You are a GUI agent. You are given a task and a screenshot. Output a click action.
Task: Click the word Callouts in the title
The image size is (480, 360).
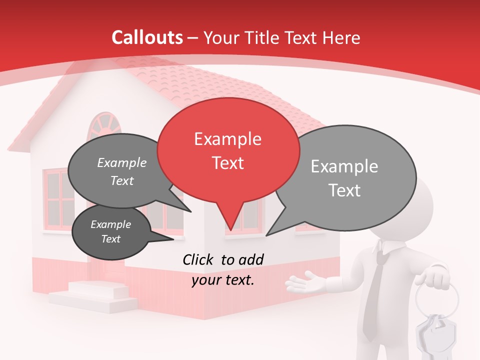(147, 37)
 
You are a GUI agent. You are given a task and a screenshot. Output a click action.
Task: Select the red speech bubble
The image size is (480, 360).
(228, 150)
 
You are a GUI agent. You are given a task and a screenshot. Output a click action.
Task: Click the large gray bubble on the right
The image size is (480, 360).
(345, 178)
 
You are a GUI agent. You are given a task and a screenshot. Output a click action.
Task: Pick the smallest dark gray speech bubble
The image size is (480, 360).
(111, 232)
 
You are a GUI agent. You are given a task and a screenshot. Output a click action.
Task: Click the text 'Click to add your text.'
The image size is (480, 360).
(223, 269)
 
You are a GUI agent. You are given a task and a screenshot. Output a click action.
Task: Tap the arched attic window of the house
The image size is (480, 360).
(104, 125)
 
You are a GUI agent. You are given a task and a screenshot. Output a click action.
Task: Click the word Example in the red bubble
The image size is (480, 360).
(228, 139)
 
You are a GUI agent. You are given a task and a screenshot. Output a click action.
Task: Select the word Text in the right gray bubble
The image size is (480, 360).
(344, 190)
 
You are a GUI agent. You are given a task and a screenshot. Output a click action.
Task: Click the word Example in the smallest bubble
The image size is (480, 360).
(111, 225)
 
